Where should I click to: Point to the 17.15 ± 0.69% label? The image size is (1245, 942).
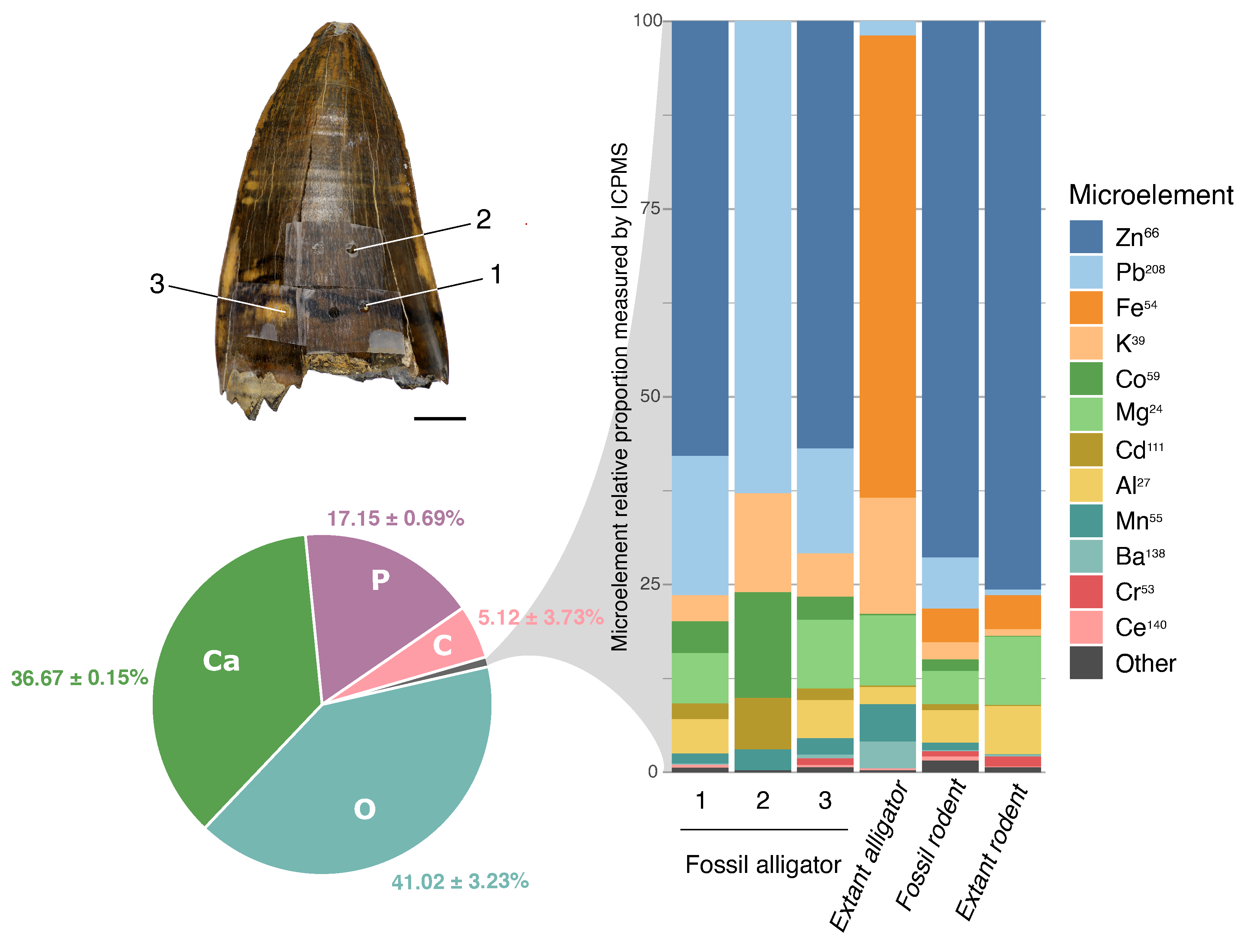click(396, 518)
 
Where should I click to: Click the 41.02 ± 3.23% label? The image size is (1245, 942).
click(460, 881)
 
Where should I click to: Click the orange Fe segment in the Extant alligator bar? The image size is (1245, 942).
click(888, 264)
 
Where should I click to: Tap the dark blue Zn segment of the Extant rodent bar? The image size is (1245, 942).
click(1013, 304)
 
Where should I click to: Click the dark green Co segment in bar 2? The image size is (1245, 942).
click(763, 644)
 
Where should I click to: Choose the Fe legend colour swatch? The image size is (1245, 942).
click(1086, 307)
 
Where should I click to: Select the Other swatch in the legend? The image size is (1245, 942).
click(1086, 662)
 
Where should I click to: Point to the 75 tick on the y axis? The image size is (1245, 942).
click(650, 208)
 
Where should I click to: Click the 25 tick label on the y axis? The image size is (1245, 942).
click(650, 584)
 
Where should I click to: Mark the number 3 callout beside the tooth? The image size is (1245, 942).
click(157, 284)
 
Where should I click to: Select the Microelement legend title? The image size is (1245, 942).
click(1151, 195)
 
